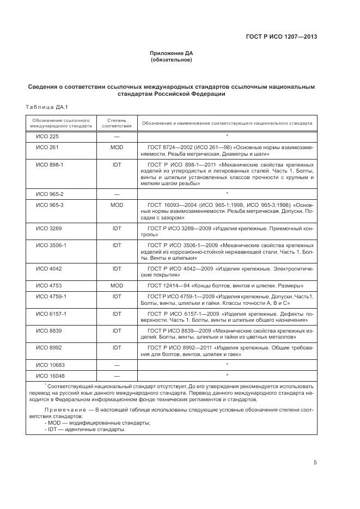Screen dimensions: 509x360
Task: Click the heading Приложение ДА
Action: coord(171,53)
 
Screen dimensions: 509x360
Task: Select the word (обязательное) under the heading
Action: coord(171,60)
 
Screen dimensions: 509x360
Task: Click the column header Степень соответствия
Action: coord(117,122)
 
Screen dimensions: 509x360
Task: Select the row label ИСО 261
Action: coord(47,147)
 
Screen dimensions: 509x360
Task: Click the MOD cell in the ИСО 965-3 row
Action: coord(117,205)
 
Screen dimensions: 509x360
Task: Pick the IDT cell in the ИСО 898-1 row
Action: coord(117,164)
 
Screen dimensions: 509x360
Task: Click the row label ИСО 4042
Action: coord(49,268)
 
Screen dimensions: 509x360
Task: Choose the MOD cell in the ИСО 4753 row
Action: coord(117,285)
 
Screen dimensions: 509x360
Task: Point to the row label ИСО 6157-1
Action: coord(51,314)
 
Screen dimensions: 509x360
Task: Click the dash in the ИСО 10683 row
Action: coord(117,365)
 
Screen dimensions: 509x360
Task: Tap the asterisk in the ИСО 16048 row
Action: coord(227,375)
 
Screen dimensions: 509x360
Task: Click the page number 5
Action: coord(315,463)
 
